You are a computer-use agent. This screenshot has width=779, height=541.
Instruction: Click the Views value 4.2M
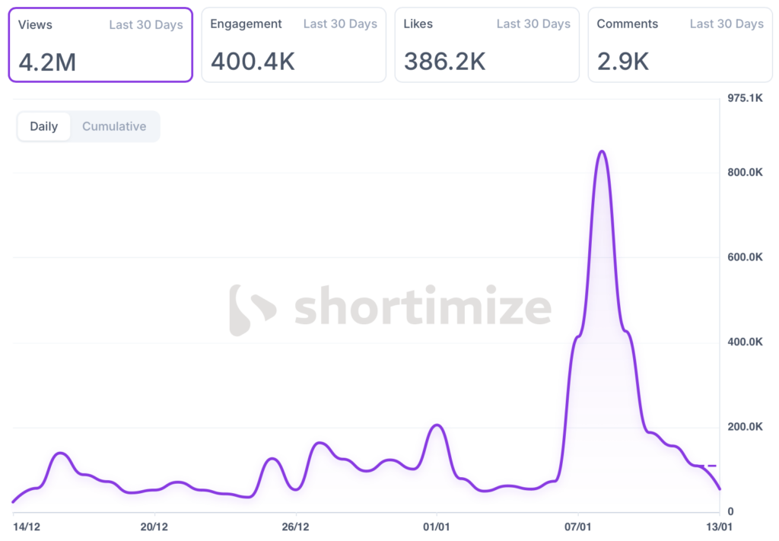47,61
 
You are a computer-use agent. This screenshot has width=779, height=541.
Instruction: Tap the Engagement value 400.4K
253,61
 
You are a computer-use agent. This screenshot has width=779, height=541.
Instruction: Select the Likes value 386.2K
445,61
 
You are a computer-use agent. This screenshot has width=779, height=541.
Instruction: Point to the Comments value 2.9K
623,61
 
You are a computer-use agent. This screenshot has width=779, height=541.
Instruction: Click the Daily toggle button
44,126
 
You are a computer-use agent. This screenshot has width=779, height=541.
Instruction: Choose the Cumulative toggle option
114,126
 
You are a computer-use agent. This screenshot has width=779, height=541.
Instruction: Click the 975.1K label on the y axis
745,98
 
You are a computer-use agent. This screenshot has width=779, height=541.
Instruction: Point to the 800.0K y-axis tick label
745,173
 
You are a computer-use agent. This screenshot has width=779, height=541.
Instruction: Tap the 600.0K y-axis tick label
745,257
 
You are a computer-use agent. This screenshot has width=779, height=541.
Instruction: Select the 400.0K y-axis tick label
745,342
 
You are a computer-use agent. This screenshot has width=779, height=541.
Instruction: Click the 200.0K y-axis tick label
745,427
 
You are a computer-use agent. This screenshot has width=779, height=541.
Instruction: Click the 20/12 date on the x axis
154,527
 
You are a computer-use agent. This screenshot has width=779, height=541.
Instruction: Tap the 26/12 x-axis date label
295,527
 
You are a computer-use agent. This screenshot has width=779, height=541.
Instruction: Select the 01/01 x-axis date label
436,527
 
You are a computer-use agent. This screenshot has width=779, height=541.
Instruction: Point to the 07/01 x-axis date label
577,527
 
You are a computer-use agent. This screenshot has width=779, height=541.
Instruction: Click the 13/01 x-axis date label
719,527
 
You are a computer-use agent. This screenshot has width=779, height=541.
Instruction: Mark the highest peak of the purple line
602,151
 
